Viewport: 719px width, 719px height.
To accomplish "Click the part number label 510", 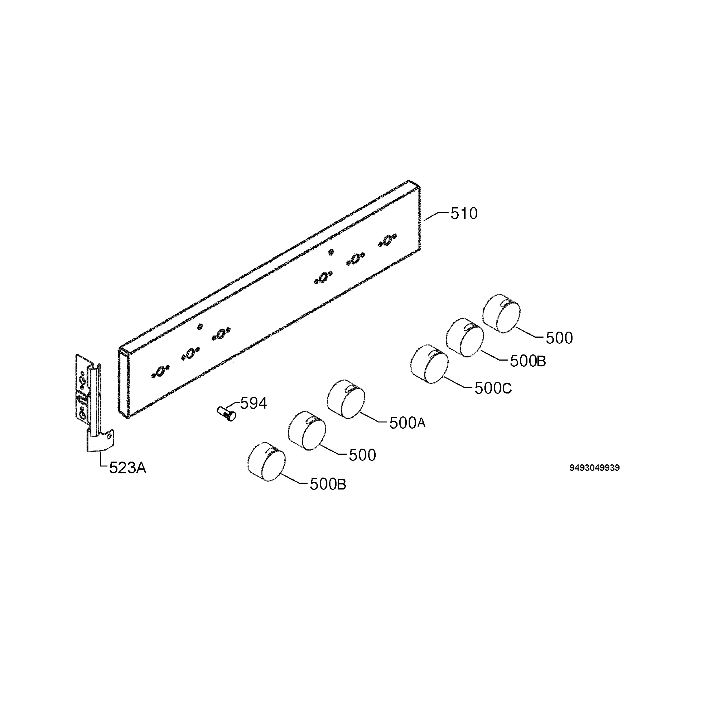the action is [x=464, y=214].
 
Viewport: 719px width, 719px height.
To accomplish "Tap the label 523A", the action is [x=128, y=468].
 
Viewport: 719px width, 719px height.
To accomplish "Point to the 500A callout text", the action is [x=407, y=423].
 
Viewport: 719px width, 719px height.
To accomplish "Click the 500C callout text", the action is [x=493, y=389].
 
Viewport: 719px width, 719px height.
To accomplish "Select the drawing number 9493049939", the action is [x=594, y=468].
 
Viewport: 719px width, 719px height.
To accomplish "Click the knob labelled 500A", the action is [x=346, y=399].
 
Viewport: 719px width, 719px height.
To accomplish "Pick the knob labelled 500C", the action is [x=430, y=364].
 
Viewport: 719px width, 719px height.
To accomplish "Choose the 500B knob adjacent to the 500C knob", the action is [x=465, y=338].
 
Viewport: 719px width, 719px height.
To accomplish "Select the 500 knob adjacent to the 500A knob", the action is [x=307, y=431].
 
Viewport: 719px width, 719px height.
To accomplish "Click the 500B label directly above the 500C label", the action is [x=528, y=361].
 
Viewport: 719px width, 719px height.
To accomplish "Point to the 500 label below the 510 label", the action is [x=559, y=338].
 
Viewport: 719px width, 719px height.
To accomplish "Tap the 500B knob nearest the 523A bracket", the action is [x=266, y=462].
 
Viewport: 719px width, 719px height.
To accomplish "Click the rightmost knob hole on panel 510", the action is [x=388, y=240].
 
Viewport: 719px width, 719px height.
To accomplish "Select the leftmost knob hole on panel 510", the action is [x=160, y=371].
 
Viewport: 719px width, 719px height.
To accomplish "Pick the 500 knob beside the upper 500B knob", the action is [x=501, y=313].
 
